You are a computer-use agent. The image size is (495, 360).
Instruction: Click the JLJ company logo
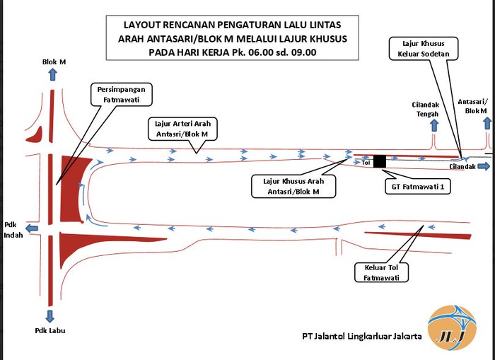click(452, 327)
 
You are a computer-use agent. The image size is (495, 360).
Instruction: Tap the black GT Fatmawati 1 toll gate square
click(380, 161)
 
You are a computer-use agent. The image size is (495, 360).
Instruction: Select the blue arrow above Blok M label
click(53, 74)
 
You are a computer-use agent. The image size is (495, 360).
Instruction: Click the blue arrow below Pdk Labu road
click(50, 316)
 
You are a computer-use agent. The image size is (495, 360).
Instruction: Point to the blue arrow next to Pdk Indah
click(32, 228)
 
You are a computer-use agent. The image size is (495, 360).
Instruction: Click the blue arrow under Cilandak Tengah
click(434, 125)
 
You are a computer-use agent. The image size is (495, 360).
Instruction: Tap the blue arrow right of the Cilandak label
click(484, 166)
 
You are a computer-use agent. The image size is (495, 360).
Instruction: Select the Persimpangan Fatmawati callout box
click(122, 95)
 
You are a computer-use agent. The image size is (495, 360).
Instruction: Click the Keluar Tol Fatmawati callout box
click(381, 272)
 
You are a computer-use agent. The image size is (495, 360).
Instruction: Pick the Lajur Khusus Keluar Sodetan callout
click(424, 49)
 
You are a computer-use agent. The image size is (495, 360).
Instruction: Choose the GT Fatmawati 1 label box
click(418, 187)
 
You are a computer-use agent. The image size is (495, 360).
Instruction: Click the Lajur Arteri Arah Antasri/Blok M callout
click(182, 129)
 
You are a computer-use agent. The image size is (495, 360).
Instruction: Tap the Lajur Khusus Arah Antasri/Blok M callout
click(293, 186)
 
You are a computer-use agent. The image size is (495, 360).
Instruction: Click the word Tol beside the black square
click(366, 163)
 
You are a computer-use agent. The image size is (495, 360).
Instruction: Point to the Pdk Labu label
click(50, 330)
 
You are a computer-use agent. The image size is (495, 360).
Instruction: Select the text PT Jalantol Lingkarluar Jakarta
click(362, 336)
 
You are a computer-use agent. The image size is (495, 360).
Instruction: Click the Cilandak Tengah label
click(425, 109)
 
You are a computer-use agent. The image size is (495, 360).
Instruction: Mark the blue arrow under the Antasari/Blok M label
click(487, 123)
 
